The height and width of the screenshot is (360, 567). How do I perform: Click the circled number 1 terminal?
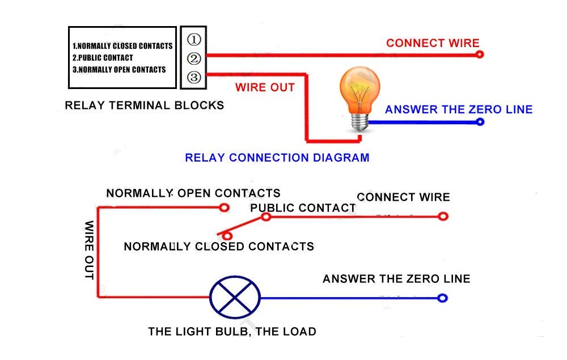pyautogui.click(x=194, y=40)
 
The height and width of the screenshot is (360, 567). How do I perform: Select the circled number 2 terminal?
pyautogui.click(x=194, y=58)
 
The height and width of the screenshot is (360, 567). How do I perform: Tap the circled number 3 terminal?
pyautogui.click(x=194, y=77)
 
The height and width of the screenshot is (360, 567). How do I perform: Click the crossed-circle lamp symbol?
pyautogui.click(x=235, y=297)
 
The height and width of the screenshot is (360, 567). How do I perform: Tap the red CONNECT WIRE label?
pyautogui.click(x=433, y=43)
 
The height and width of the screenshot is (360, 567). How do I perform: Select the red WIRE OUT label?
pyautogui.click(x=265, y=87)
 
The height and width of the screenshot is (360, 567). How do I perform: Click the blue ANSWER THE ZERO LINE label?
pyautogui.click(x=459, y=109)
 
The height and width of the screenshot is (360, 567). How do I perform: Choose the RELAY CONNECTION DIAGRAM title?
pyautogui.click(x=277, y=158)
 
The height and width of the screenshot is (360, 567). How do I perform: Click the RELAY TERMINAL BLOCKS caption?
pyautogui.click(x=145, y=105)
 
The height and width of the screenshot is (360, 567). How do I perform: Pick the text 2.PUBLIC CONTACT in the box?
pyautogui.click(x=103, y=58)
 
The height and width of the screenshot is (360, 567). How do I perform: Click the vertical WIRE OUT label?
pyautogui.click(x=89, y=250)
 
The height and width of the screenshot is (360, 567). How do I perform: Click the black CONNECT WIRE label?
pyautogui.click(x=403, y=197)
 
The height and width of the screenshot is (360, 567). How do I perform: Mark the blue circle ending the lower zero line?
pyautogui.click(x=443, y=298)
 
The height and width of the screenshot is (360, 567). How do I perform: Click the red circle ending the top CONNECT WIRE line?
pyautogui.click(x=480, y=54)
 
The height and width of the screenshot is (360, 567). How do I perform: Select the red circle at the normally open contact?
pyautogui.click(x=224, y=207)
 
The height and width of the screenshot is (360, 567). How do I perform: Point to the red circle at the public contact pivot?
pyautogui.click(x=266, y=217)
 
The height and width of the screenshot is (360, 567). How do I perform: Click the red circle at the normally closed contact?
pyautogui.click(x=227, y=235)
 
